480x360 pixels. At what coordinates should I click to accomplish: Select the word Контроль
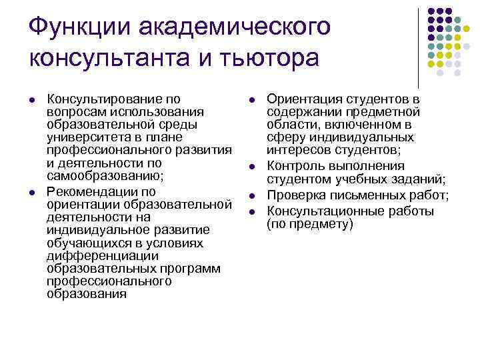[x=297, y=167]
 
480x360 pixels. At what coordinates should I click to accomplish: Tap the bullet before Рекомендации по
[x=33, y=192]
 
